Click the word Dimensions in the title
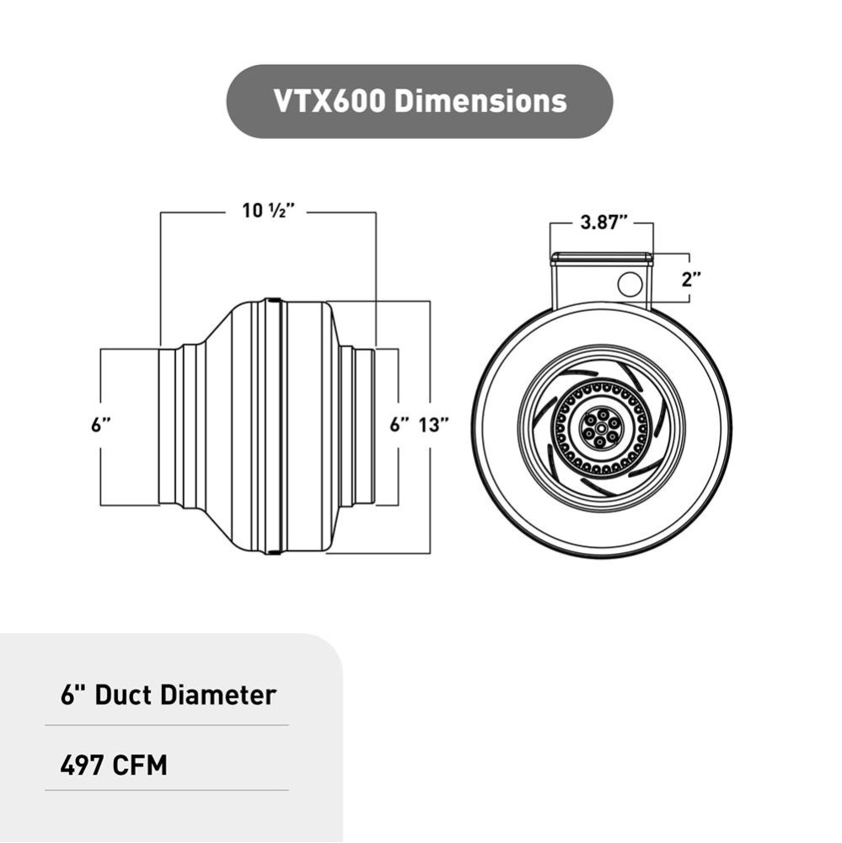[x=480, y=101]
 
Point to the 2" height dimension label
[x=692, y=279]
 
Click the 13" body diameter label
[x=433, y=425]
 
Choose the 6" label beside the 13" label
[x=400, y=425]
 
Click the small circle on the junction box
[x=629, y=284]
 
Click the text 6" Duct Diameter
[x=169, y=695]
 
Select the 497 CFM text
[x=114, y=765]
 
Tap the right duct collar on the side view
[x=364, y=427]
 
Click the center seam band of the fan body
[x=271, y=427]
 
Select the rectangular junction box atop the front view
[x=600, y=278]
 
